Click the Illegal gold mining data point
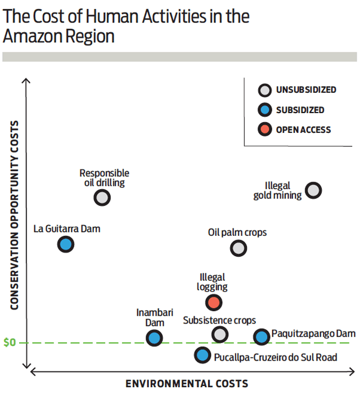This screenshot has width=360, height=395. coord(313,190)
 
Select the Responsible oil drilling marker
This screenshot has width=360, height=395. coord(102,197)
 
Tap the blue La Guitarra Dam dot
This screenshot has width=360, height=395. coord(66,244)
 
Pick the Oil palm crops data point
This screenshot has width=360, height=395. coord(238,248)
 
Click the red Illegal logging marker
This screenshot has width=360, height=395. coord(213,302)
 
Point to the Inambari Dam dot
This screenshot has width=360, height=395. coord(154,338)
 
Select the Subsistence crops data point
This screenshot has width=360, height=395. coord(220,334)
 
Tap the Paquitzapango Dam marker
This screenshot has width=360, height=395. coord(261,336)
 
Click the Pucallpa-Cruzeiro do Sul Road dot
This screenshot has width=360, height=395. coord(202,355)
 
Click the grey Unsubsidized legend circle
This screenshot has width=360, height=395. coord(264,90)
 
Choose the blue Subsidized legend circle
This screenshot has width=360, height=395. coord(264,110)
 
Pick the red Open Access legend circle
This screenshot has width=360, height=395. coord(264,130)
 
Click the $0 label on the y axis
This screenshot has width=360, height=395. coord(10,343)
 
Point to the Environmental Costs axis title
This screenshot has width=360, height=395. coord(186,384)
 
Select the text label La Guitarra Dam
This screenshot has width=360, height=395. coord(66,228)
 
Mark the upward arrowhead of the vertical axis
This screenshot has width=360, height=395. coord(25,82)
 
